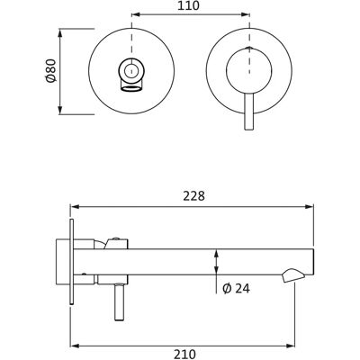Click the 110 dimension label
(x=188, y=5)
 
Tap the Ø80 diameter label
(x=50, y=71)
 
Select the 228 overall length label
(x=193, y=196)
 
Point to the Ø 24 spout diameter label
(x=237, y=289)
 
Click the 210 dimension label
(x=185, y=354)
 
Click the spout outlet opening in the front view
(x=130, y=88)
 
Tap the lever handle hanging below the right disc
(x=249, y=112)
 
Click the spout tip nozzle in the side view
(x=293, y=275)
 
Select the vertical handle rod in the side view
(x=119, y=302)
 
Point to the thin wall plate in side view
(x=71, y=262)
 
